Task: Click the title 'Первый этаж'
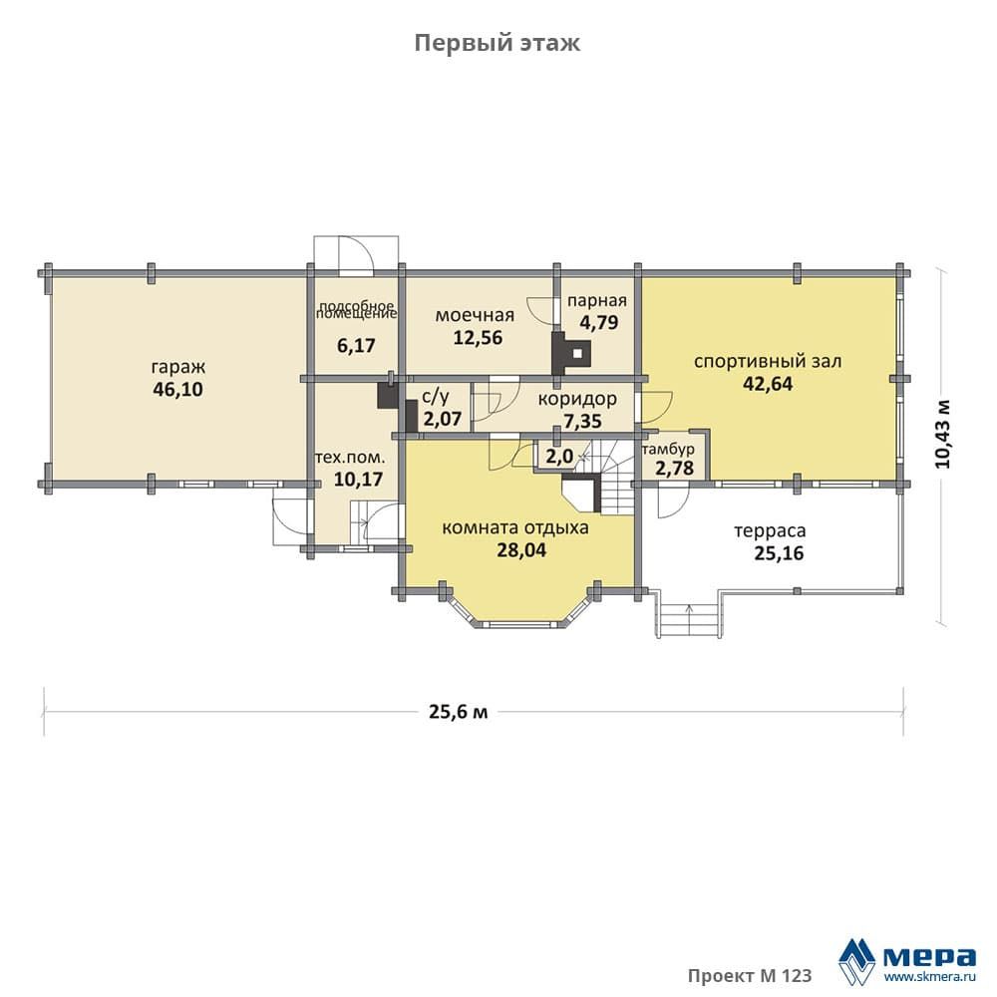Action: click(x=498, y=43)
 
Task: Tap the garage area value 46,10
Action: click(x=178, y=389)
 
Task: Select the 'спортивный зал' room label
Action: click(x=768, y=362)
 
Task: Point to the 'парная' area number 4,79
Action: click(x=598, y=322)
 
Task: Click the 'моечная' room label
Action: click(x=475, y=315)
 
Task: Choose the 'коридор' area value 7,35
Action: click(x=582, y=421)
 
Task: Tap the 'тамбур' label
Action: click(x=668, y=450)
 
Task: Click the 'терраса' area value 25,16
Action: click(x=779, y=553)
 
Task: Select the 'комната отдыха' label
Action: click(x=515, y=527)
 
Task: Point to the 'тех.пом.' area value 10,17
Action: click(x=358, y=479)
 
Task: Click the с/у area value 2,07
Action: click(x=443, y=419)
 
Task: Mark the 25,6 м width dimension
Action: click(x=459, y=712)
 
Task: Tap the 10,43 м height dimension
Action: click(x=943, y=435)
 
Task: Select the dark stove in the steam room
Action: click(x=571, y=353)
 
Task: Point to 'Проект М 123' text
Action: click(x=750, y=975)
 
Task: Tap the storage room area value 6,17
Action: click(x=356, y=346)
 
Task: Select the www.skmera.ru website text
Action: click(x=930, y=976)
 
